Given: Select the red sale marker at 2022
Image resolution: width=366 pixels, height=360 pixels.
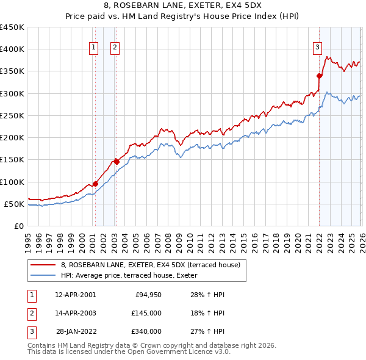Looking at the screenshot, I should pos(319,76).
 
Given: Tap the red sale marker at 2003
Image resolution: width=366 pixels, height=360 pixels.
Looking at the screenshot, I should pos(117,162).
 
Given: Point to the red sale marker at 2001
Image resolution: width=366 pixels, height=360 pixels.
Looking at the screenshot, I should pos(95,184).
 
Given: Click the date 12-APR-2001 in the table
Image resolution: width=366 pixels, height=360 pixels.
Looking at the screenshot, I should pos(75,295).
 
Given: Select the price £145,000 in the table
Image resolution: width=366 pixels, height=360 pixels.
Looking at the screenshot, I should pos(146,313).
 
